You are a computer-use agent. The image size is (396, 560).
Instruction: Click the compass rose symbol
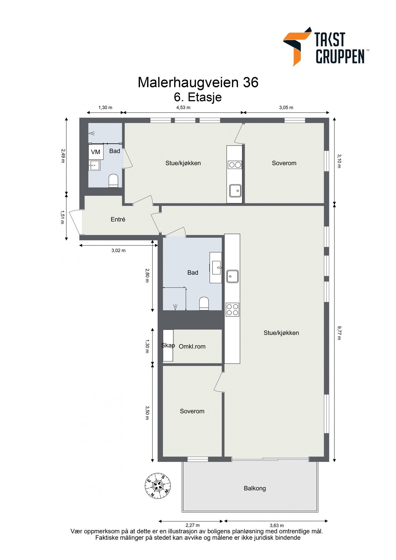click(158, 486)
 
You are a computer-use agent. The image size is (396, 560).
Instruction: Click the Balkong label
click(255, 488)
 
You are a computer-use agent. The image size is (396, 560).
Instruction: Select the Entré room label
click(118, 219)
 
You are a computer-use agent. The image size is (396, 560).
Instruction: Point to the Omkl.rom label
click(192, 346)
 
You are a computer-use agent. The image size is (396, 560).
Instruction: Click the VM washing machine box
click(96, 152)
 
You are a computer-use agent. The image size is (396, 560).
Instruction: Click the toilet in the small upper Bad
click(114, 181)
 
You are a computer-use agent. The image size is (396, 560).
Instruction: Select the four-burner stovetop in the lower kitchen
click(232, 310)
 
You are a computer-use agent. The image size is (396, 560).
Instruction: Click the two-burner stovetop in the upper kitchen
click(235, 165)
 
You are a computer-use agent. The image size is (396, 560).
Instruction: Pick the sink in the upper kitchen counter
click(235, 190)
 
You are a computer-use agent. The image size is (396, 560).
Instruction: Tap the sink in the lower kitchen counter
click(232, 276)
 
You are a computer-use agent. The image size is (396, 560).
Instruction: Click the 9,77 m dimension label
click(339, 333)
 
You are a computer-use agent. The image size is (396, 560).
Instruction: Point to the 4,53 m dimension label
click(183, 108)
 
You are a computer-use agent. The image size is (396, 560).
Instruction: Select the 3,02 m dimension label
click(119, 250)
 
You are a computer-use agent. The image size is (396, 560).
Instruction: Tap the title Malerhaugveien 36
click(198, 82)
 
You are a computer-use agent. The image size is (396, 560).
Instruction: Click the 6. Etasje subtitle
click(198, 97)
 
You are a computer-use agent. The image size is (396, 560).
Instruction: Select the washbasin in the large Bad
click(216, 268)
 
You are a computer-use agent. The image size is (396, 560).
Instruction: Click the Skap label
click(168, 345)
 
